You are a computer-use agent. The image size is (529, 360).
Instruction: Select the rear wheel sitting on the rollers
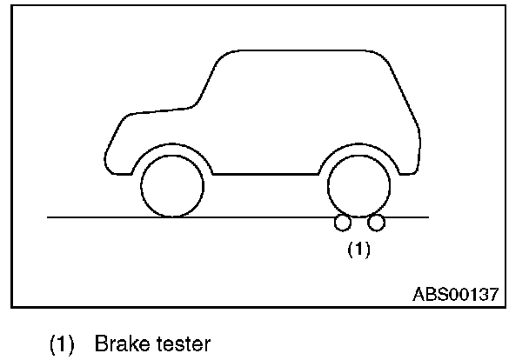point(358,187)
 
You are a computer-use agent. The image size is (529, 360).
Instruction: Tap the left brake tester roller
point(341,223)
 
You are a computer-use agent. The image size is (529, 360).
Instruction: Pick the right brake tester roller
point(376,223)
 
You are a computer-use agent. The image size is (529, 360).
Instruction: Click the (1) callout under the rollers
point(359,249)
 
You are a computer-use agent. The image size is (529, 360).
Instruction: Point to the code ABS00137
point(455,293)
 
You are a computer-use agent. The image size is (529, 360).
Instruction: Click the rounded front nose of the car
point(108,148)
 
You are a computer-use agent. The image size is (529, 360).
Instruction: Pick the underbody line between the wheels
point(265,174)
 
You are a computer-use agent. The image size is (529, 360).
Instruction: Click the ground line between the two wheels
point(265,217)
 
